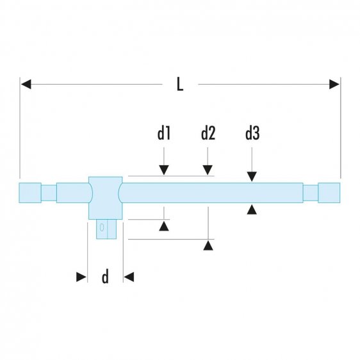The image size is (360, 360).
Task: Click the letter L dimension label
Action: pos(180,84)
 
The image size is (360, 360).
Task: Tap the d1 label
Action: pos(164,134)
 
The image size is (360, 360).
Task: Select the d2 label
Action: pos(208,134)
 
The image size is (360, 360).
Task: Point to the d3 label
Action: pos(252,134)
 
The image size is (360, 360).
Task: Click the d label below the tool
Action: pos(105,277)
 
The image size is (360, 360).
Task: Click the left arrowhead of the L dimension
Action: pos(26,84)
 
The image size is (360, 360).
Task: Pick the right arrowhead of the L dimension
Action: pos(334,84)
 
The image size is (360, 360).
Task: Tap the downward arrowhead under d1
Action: pos(164,170)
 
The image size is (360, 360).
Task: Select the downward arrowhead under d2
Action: pos(208,170)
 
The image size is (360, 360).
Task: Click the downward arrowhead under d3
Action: pos(252,177)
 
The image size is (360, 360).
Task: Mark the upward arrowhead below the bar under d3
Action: pos(252,208)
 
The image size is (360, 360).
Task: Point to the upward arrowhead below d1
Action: pos(164,225)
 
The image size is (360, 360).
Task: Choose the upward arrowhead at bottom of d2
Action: pos(208,245)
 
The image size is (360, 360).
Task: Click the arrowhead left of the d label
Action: pos(81,277)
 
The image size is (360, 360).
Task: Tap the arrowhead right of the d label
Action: pos(129,277)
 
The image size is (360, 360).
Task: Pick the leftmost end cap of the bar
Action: pos(30,192)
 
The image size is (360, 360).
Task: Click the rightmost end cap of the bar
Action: pos(329,192)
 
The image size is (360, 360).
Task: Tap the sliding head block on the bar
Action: pos(105,197)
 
